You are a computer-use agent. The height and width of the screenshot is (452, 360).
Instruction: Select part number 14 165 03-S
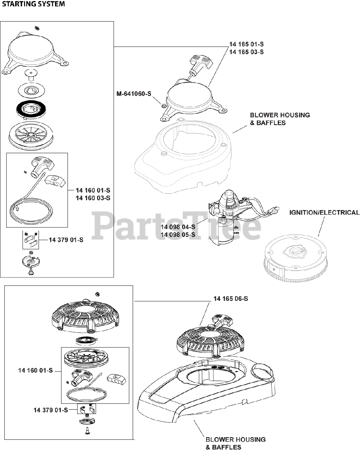click(x=246, y=52)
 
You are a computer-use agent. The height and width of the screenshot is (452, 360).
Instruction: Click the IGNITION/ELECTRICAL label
click(x=324, y=213)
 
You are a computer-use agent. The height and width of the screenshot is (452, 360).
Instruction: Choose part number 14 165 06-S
click(x=230, y=299)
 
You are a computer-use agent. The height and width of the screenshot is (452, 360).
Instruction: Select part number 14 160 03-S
click(x=93, y=198)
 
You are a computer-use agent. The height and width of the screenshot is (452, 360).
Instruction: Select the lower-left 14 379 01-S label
click(x=50, y=410)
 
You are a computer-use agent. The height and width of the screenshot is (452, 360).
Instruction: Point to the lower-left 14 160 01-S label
click(x=35, y=370)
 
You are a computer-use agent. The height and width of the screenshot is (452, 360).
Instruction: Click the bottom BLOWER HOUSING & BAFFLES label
click(x=235, y=444)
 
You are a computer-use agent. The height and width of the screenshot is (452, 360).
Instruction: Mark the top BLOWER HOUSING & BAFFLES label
click(x=280, y=119)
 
